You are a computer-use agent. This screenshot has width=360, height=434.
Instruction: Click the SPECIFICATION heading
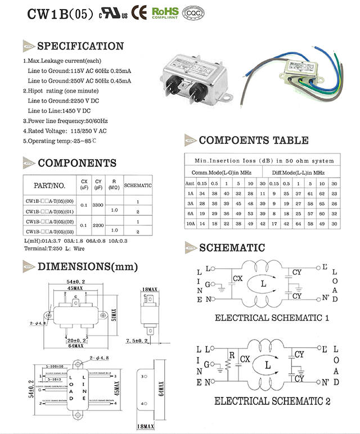[80, 46]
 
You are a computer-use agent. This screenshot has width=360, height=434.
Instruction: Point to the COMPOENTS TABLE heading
[253, 140]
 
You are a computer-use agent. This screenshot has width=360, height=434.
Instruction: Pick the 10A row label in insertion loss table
[190, 223]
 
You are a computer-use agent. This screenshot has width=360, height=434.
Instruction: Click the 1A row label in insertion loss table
[190, 193]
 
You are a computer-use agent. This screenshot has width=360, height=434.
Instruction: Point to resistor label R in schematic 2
[231, 355]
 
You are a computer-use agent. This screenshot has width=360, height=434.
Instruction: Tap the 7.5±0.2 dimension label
[137, 341]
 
